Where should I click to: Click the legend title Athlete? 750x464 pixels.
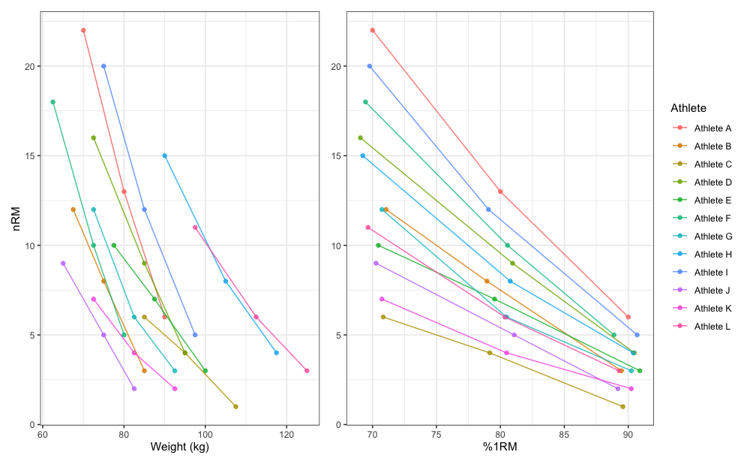(688, 108)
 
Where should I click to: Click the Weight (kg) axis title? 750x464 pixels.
(179, 448)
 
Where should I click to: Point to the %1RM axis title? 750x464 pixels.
(500, 448)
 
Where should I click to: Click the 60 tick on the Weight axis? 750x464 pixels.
(43, 433)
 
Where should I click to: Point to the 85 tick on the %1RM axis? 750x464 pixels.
(564, 433)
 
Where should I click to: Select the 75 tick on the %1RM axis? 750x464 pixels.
(436, 433)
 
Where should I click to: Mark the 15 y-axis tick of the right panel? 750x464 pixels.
(338, 156)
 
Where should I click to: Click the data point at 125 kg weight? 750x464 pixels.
(307, 371)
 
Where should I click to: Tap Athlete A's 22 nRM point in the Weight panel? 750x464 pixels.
(83, 30)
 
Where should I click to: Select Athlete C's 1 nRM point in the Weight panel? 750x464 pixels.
(235, 407)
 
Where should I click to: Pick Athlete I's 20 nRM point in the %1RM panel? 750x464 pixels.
(370, 66)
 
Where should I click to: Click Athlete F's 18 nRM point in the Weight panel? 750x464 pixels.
(52, 102)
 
